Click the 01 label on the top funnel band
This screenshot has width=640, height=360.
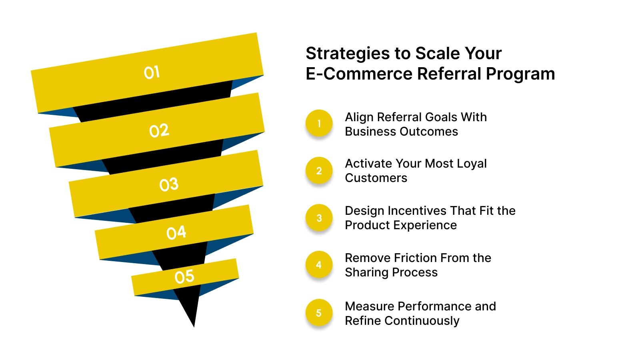click(152, 72)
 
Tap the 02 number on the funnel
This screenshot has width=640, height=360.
click(159, 130)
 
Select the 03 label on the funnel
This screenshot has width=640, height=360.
click(169, 184)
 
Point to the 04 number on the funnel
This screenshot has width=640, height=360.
click(176, 232)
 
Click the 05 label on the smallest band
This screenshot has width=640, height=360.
click(184, 276)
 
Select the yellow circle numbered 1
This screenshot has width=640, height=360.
click(319, 124)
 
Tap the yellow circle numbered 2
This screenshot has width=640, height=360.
click(319, 171)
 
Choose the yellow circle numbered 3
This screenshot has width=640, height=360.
click(319, 218)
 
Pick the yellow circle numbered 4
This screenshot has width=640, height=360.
click(319, 265)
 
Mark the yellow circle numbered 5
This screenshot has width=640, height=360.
click(319, 313)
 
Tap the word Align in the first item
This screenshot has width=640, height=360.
click(359, 117)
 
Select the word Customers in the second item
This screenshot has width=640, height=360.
click(376, 178)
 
